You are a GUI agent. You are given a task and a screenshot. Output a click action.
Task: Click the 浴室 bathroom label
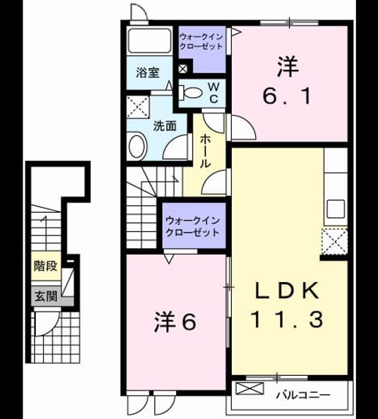point(147,72)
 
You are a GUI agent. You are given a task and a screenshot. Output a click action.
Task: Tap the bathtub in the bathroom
point(149,41)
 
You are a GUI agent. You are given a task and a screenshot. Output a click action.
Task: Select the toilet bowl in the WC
point(191,92)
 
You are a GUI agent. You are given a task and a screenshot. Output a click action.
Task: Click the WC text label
point(214,92)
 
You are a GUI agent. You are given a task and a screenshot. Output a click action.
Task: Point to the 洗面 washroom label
point(165,126)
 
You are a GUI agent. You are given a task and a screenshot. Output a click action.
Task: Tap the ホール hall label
point(205,151)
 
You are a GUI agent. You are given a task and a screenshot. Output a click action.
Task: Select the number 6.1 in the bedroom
point(287,96)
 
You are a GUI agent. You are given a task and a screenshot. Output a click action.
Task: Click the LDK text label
point(287,291)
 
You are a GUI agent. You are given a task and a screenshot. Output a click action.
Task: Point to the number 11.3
point(287,319)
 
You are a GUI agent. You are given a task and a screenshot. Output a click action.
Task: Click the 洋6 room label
point(175,322)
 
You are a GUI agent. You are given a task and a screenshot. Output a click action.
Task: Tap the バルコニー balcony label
point(303,394)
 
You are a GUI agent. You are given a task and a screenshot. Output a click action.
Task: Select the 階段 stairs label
point(46,266)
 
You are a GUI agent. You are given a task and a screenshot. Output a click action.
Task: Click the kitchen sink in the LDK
point(335,209)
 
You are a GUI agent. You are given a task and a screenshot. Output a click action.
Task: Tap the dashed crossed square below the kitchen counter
point(335,241)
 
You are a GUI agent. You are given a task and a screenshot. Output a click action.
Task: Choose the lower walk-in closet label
point(193,227)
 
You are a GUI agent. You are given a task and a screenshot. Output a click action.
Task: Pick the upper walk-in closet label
point(201,41)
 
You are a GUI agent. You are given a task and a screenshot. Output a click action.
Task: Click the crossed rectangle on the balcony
point(250,388)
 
